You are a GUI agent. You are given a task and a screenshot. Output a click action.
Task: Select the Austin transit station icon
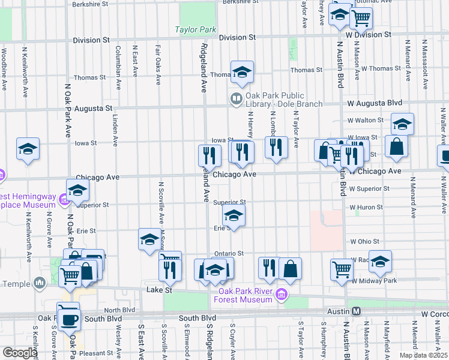pyautogui.click(x=356, y=311)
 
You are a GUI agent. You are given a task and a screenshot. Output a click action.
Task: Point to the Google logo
pyautogui.click(x=19, y=353)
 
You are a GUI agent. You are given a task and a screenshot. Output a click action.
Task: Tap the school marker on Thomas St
pyautogui.click(x=241, y=73)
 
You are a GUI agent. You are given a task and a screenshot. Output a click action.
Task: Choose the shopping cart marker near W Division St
pyautogui.click(x=361, y=18)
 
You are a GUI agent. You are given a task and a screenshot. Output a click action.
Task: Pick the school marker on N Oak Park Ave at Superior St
pyautogui.click(x=78, y=191)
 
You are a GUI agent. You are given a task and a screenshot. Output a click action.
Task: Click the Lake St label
pyautogui.click(x=160, y=290)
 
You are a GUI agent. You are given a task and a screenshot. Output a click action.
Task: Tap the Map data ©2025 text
pyautogui.click(x=423, y=355)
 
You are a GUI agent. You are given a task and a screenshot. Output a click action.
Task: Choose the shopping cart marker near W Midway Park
pyautogui.click(x=342, y=269)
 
